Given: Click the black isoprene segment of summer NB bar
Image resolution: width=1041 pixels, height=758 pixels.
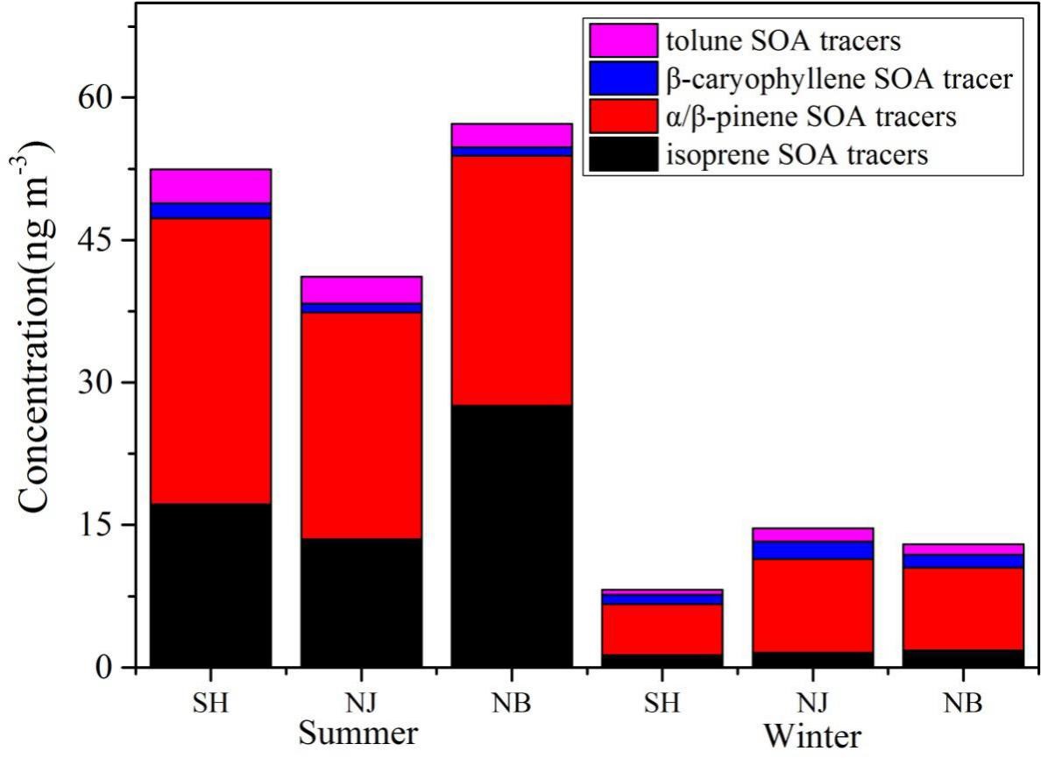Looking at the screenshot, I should [x=511, y=535].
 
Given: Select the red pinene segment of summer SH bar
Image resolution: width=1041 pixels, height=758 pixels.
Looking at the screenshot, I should [x=210, y=360].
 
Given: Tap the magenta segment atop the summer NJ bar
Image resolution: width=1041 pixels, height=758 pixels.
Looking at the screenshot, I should [x=361, y=289].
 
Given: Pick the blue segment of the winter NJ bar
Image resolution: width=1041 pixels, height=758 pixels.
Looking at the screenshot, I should [x=812, y=549].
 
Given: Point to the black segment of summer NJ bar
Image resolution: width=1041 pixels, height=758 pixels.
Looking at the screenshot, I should [x=361, y=602].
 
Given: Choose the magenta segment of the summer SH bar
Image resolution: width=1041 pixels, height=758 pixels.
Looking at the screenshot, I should [x=210, y=186].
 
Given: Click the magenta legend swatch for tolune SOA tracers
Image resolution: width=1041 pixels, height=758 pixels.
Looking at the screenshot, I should [x=623, y=40].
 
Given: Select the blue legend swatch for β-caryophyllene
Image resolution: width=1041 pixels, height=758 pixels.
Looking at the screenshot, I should [x=623, y=78].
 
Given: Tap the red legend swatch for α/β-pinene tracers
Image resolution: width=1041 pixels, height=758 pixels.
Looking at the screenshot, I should [x=623, y=116].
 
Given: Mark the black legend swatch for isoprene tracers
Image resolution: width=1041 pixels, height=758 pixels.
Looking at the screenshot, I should [x=623, y=154].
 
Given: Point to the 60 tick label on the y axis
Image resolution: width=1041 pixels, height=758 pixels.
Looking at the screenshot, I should [x=97, y=97].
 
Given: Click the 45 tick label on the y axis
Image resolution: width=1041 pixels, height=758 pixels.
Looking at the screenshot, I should [x=97, y=240].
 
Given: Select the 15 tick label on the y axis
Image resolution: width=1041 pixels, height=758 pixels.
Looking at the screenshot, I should [x=97, y=525].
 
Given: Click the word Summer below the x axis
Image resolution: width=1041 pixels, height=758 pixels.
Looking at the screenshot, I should [x=358, y=733].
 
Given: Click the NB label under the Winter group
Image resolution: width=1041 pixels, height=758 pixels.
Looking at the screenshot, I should [x=962, y=704].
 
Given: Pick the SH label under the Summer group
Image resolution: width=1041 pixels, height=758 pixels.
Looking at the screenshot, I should [x=210, y=704].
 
